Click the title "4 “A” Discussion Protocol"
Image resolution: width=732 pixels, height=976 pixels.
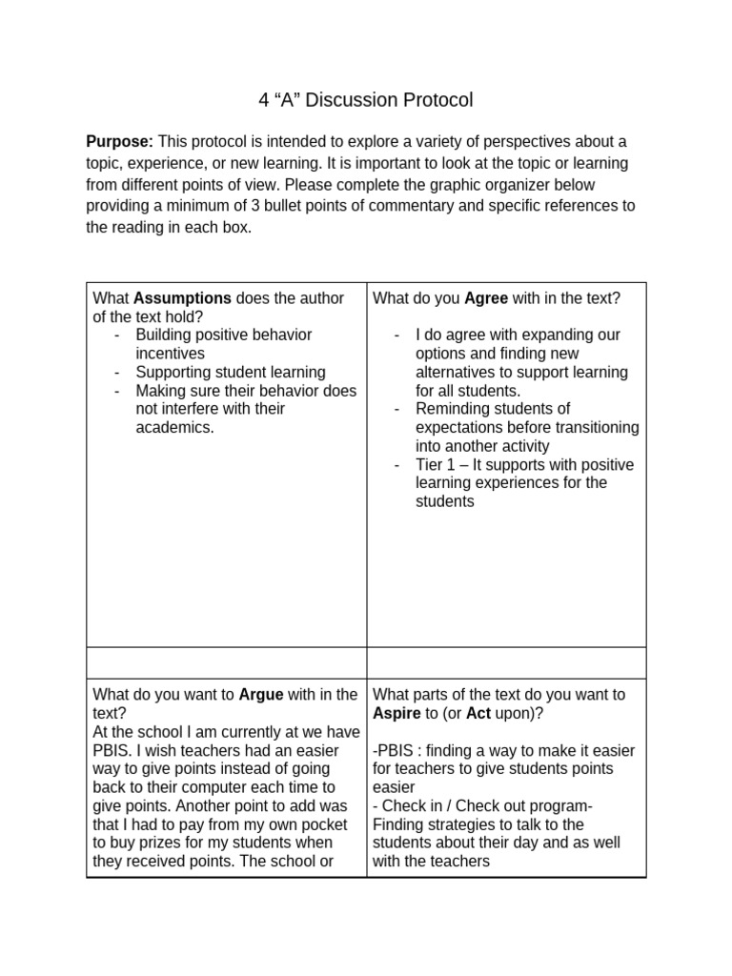click(x=365, y=100)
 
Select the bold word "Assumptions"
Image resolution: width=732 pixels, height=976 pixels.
click(x=183, y=298)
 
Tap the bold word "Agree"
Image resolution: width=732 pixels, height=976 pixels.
click(x=486, y=298)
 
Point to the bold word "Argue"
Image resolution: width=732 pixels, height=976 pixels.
click(x=260, y=695)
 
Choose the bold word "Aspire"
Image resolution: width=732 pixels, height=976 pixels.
click(x=396, y=713)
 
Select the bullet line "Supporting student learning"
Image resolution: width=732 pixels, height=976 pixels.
click(x=230, y=372)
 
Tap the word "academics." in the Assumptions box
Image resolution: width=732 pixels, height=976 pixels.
click(x=175, y=427)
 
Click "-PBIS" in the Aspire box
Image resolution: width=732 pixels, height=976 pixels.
click(x=393, y=750)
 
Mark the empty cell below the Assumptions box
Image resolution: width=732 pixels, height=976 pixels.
click(x=226, y=662)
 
